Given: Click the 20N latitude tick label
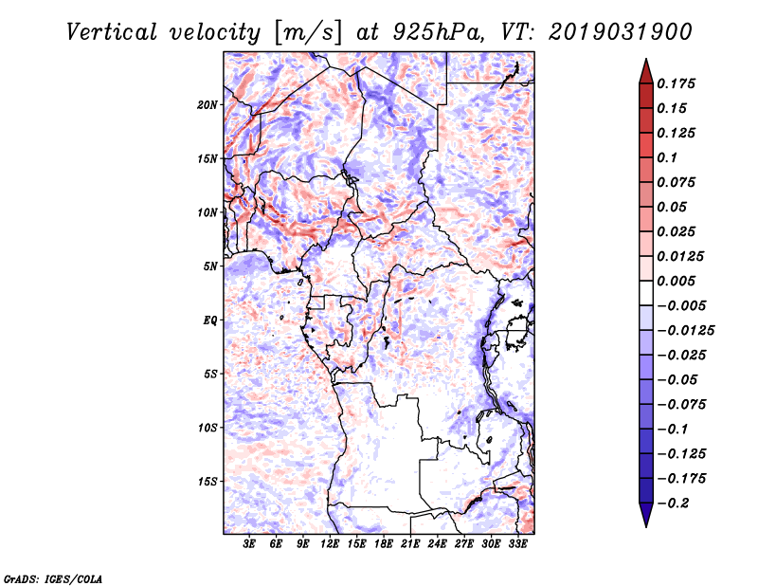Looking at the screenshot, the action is tap(208, 105).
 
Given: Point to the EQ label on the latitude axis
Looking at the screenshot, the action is tap(209, 320).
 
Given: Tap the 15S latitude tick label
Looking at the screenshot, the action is tap(208, 482).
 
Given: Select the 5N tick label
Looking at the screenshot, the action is tap(210, 266).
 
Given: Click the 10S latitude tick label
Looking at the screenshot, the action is tap(208, 428).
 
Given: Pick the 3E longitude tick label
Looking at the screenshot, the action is tap(249, 544).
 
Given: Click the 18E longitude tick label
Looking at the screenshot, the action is tap(384, 544).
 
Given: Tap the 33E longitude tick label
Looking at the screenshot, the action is tap(517, 544).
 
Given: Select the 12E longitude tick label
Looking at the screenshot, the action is tap(330, 544).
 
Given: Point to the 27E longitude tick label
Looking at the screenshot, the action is tap(464, 544).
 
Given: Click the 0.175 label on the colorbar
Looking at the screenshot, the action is tap(677, 83).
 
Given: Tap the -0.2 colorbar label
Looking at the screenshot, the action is tap(674, 504).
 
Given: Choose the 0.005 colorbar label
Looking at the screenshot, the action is tap(677, 281).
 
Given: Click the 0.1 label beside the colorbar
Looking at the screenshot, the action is tap(668, 157).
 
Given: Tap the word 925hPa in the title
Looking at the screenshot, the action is tap(438, 32).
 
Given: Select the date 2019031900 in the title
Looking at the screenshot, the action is tap(621, 32).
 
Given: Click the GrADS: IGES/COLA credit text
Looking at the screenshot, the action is tap(53, 578).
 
